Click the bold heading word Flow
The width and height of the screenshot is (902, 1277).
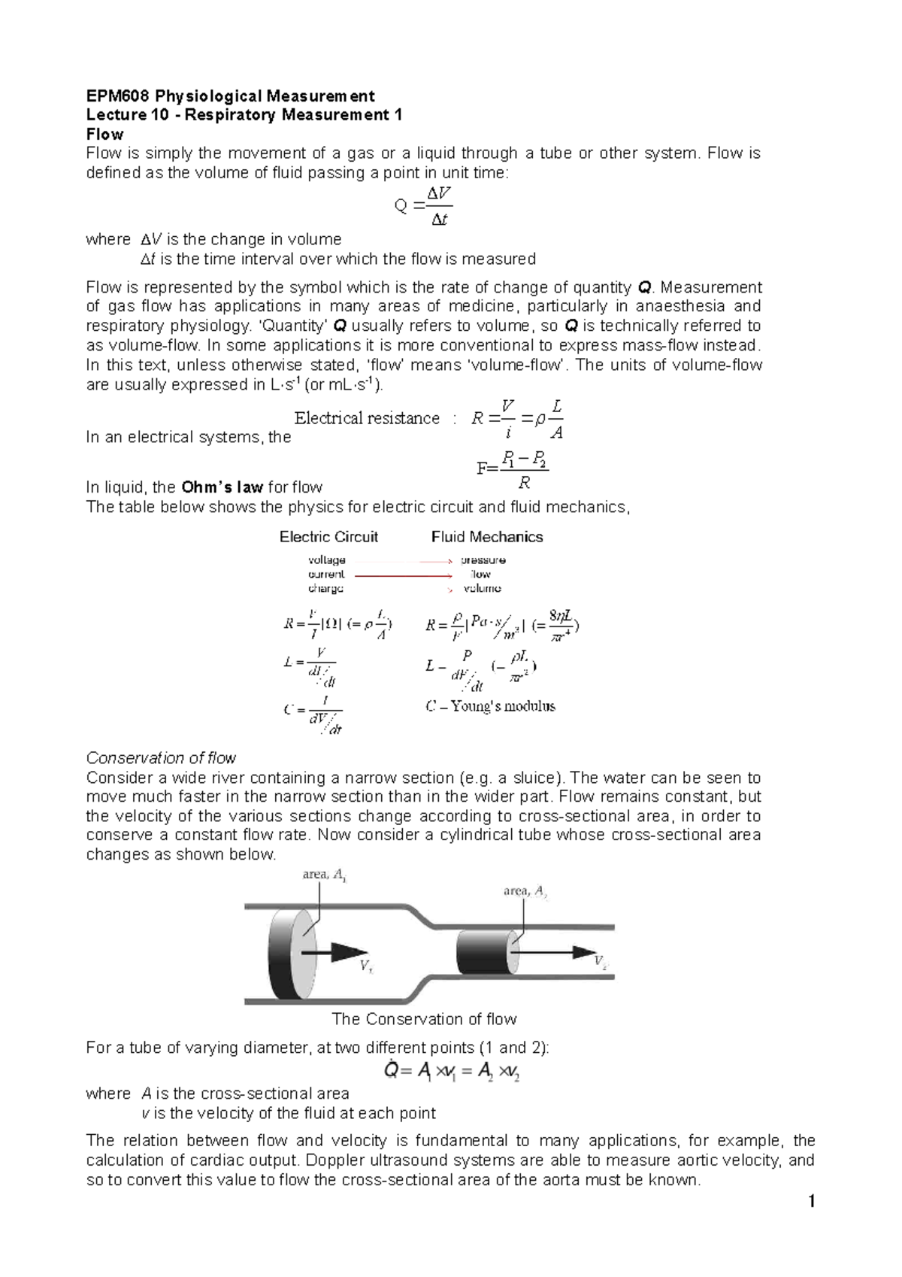[x=104, y=135]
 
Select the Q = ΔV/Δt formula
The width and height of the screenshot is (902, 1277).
[x=423, y=206]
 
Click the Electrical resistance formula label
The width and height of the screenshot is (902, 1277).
[x=367, y=418]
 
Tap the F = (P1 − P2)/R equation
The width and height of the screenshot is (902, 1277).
[x=513, y=469]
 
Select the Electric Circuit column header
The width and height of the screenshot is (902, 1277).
[x=328, y=537]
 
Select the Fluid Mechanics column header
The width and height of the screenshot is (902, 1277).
[x=487, y=537]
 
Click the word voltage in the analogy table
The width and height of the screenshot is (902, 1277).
[x=327, y=560]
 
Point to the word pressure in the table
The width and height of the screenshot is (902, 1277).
[x=483, y=560]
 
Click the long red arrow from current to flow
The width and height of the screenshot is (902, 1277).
[x=403, y=575]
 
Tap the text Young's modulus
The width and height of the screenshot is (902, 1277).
[x=502, y=706]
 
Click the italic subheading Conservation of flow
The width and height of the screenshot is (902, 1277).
[x=161, y=758]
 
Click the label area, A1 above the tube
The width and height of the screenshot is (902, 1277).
[x=324, y=875]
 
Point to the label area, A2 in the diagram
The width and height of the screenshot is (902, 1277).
[x=525, y=892]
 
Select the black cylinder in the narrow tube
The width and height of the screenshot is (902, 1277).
[x=485, y=952]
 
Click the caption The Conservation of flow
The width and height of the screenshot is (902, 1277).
[x=424, y=1020]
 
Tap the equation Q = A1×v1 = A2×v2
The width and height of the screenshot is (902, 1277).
[x=452, y=1071]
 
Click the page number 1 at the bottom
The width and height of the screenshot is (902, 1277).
[x=811, y=1202]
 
